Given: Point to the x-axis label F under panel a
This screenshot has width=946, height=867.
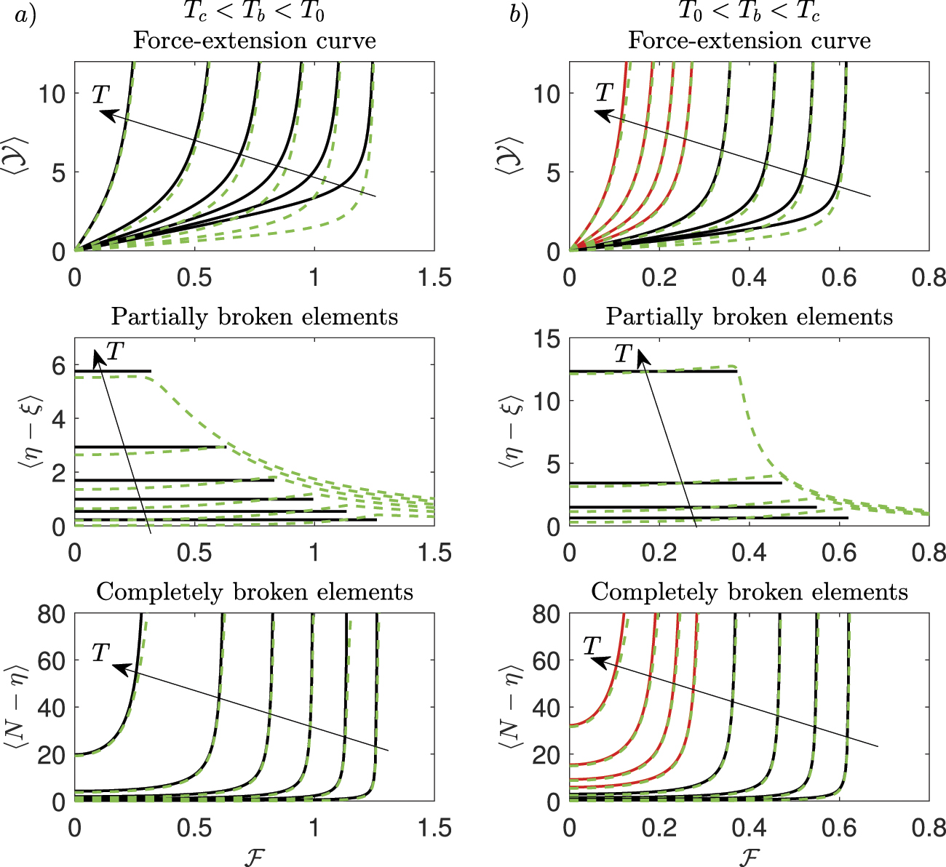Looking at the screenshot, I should (x=254, y=855).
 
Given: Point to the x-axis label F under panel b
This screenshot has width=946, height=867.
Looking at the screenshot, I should (x=749, y=855).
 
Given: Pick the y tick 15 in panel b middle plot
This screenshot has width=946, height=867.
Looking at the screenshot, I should (x=548, y=339).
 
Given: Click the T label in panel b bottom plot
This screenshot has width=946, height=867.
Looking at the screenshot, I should (x=593, y=645).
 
